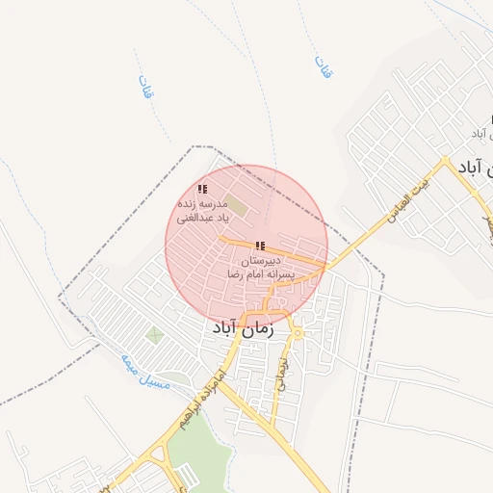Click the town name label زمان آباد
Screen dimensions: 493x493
[241, 328]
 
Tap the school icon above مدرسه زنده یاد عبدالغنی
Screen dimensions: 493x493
[202, 190]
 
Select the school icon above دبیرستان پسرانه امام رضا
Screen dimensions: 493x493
[260, 246]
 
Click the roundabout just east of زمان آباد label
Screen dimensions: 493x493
[298, 333]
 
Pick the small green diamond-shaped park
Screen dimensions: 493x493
[154, 335]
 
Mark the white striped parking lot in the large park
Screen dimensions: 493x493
[189, 476]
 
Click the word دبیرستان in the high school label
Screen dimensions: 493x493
[260, 261]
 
